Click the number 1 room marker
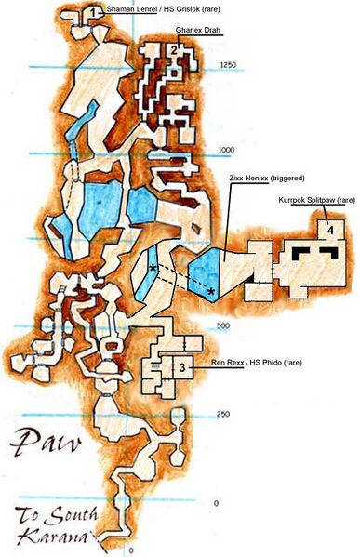(94, 12)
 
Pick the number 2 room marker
(174, 49)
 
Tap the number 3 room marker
(181, 368)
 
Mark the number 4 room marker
(328, 228)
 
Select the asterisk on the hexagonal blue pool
(212, 292)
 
